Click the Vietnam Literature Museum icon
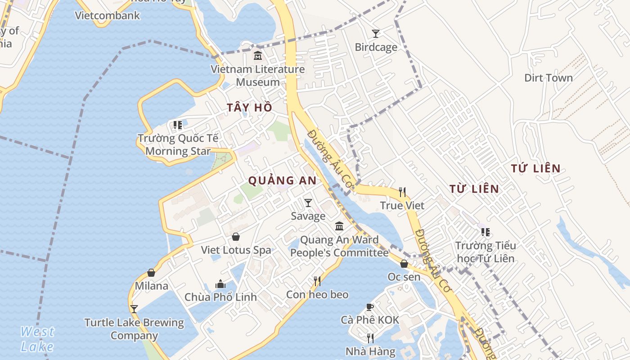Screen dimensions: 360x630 [258, 56]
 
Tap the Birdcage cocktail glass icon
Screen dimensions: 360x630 [375, 33]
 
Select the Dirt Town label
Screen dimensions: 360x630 [549, 78]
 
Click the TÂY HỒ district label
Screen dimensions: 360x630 [250, 108]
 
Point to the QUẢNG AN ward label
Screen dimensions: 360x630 [283, 181]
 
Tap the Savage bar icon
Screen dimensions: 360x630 [308, 203]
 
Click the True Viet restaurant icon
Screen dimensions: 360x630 [402, 192]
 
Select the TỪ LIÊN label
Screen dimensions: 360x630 [474, 189]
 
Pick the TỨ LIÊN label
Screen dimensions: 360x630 [536, 169]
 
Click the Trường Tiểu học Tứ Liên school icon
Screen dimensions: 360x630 [485, 232]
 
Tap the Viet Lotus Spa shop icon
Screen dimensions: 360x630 [236, 237]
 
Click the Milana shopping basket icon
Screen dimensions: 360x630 [151, 273]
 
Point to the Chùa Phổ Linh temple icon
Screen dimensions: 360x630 [220, 284]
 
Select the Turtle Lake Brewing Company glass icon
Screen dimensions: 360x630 [134, 309]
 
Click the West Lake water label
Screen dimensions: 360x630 [37, 339]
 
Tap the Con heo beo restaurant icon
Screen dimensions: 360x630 [317, 281]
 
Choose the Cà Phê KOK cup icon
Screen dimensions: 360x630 [369, 307]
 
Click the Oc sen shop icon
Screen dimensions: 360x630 [404, 264]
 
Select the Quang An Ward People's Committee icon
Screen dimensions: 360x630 [339, 226]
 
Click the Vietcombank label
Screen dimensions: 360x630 [108, 15]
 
